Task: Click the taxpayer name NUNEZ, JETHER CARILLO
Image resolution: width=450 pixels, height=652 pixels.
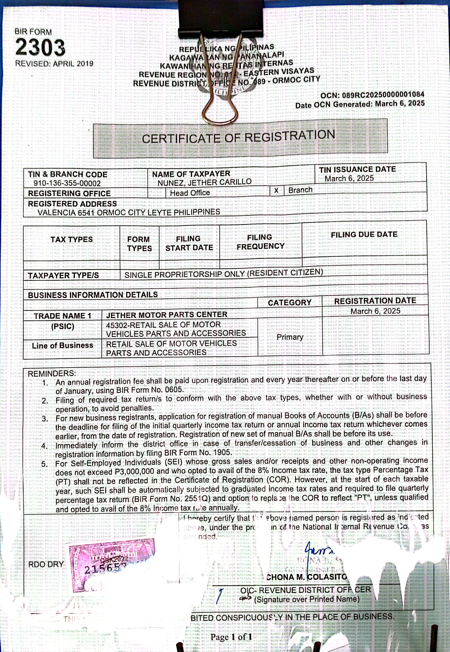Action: [204, 182]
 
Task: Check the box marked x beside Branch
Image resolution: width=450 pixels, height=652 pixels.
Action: [276, 191]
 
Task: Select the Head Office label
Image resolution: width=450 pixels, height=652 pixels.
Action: [190, 193]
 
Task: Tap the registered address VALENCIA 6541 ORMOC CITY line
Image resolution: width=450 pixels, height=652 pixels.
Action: [129, 212]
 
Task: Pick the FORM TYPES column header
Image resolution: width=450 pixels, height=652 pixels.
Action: [139, 244]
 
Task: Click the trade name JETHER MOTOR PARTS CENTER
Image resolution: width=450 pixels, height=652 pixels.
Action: [167, 314]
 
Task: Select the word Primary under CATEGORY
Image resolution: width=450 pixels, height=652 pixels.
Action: [290, 337]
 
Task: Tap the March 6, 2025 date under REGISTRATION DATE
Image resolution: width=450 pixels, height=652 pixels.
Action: [375, 311]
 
